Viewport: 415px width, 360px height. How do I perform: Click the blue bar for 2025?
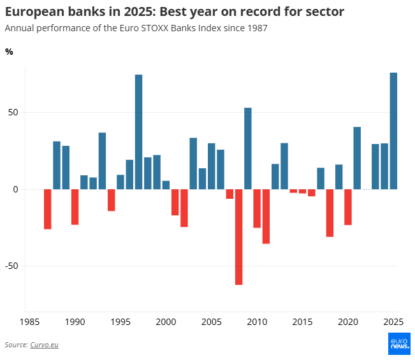(393, 131)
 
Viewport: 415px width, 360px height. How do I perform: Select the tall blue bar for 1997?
(138, 132)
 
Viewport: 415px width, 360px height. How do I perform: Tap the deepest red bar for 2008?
(238, 237)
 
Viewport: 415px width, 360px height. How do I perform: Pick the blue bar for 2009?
(248, 148)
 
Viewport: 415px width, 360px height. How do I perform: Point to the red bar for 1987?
(47, 209)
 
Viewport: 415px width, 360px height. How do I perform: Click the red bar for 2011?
(266, 217)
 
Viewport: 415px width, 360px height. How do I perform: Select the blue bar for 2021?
(357, 158)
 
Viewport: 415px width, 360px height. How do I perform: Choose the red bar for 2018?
(330, 213)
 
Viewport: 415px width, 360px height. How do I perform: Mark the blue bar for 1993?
(102, 161)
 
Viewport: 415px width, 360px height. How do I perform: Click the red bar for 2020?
(348, 207)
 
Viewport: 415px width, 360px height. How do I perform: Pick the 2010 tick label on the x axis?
(257, 322)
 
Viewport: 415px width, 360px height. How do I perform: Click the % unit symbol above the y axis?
(9, 52)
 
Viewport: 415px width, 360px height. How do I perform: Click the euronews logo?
(399, 344)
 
